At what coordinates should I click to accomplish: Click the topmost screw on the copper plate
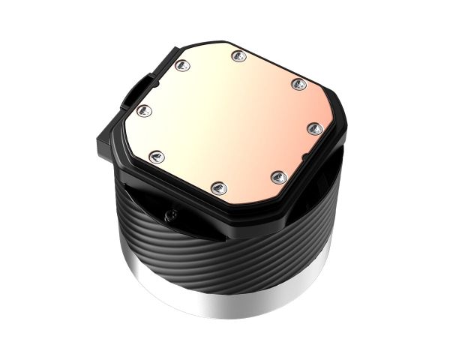pyautogui.click(x=238, y=54)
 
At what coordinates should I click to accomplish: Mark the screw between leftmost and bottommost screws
pyautogui.click(x=157, y=156)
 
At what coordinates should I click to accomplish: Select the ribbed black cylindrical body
pyautogui.click(x=225, y=247)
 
